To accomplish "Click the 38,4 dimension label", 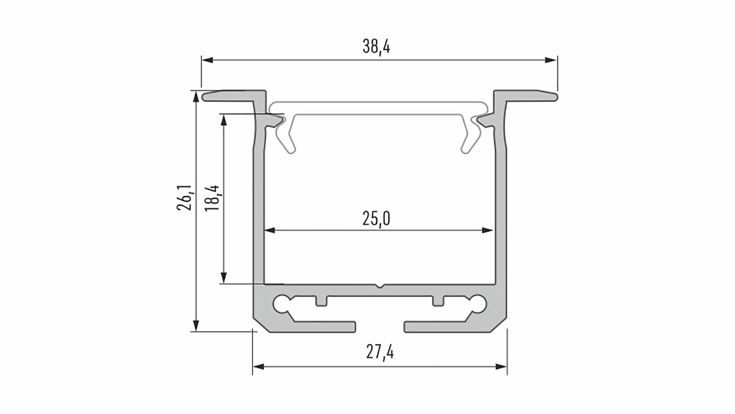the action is (x=376, y=47).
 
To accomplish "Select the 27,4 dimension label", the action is (x=380, y=352).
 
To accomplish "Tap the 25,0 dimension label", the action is (x=376, y=219).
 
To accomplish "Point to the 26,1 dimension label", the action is (x=185, y=197).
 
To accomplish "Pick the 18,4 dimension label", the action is (x=212, y=198).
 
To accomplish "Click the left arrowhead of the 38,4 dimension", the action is (x=207, y=60).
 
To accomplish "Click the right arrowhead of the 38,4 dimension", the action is (x=551, y=60).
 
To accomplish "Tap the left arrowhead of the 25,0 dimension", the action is (x=269, y=230).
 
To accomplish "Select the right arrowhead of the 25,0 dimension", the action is (x=487, y=230).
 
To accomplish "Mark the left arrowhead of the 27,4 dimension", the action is (x=258, y=367).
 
